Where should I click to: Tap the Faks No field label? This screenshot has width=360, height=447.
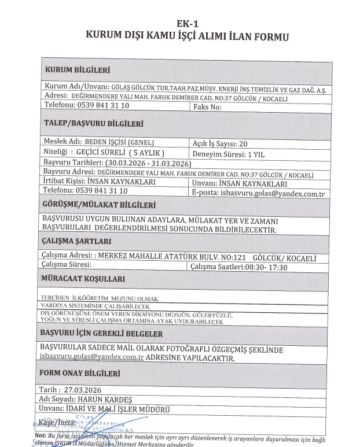click(207, 107)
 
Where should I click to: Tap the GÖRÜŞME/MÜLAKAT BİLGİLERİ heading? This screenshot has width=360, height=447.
click(103, 205)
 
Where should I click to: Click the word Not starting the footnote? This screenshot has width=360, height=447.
click(41, 435)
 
